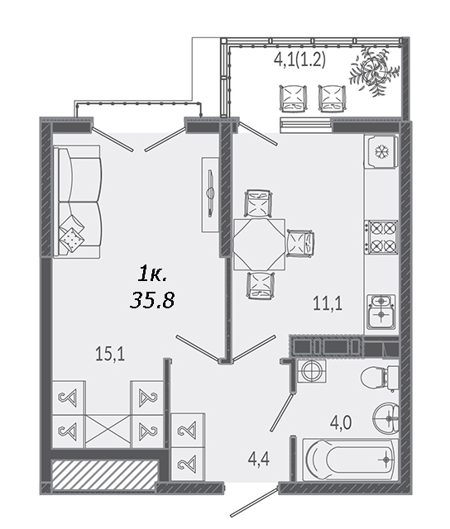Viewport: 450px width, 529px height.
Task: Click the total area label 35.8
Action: coord(152,300)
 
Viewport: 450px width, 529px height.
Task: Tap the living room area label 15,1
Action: coord(110,355)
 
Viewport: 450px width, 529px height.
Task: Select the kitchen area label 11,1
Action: coord(328,303)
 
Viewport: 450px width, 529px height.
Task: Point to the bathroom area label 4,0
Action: coord(341,422)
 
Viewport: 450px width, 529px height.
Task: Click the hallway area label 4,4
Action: coord(259,460)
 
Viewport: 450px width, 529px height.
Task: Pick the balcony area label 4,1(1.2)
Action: coord(299,60)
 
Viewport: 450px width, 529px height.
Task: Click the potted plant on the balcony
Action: coord(373,71)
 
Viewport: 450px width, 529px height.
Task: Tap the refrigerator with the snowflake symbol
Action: coord(381,151)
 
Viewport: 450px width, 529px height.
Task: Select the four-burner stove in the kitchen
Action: coord(381,237)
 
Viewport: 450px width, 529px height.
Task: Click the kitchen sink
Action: coord(381,312)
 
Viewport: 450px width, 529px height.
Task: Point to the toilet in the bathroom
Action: coord(380,378)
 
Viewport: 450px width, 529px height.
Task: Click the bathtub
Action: coord(350,459)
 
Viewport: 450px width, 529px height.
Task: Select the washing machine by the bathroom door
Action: coord(311,371)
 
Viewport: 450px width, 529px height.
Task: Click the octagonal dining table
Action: coord(259,245)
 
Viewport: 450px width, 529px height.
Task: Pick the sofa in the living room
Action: coord(77,202)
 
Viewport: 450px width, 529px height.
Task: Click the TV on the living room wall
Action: coord(211,194)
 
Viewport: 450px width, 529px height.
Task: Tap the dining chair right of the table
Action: coord(300,243)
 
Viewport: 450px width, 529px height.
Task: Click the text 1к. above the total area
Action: coord(152,274)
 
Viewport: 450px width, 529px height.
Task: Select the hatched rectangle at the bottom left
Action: coord(105,474)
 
